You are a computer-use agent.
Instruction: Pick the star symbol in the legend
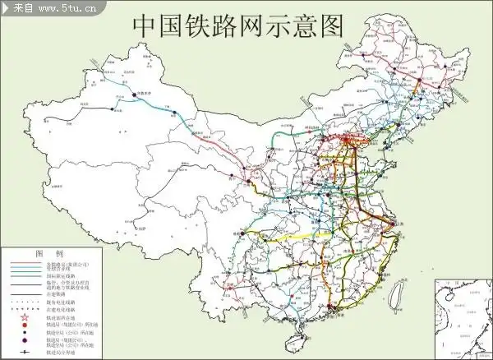coord(24,317)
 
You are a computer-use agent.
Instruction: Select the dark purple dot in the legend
coord(24,340)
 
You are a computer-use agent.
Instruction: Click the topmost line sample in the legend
coord(24,264)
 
